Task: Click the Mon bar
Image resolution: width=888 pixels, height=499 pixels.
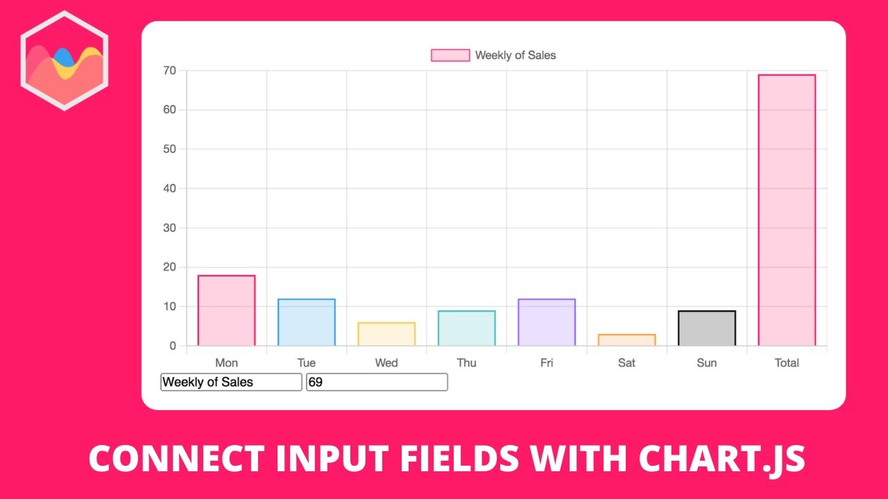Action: (226, 310)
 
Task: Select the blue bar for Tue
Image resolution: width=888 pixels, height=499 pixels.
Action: (307, 322)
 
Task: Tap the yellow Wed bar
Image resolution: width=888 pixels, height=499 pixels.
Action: (386, 334)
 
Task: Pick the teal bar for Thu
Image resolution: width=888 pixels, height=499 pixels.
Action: (466, 328)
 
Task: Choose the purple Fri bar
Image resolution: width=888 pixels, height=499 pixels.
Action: (547, 322)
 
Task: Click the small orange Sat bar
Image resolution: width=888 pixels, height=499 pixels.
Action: (626, 340)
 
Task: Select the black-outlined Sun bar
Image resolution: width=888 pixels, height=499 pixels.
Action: (706, 328)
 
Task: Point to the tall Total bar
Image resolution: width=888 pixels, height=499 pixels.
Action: (787, 210)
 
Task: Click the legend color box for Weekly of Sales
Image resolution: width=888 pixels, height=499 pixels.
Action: (450, 55)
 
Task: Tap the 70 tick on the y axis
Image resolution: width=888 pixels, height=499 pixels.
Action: (169, 71)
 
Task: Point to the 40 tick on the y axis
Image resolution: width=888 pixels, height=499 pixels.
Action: (169, 189)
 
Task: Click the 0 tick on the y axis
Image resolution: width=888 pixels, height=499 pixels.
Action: (173, 346)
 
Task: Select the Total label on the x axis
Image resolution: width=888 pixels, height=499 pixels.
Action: (787, 362)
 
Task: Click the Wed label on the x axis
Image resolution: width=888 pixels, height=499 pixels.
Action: (386, 362)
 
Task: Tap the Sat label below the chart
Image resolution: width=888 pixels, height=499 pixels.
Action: (626, 362)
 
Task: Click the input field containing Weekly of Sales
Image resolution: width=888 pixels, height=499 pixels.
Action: (231, 382)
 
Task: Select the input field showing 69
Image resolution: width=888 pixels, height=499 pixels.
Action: (377, 382)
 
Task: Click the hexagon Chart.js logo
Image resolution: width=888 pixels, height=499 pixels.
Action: (64, 60)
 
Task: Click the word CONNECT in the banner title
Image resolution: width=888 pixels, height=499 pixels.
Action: (176, 459)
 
